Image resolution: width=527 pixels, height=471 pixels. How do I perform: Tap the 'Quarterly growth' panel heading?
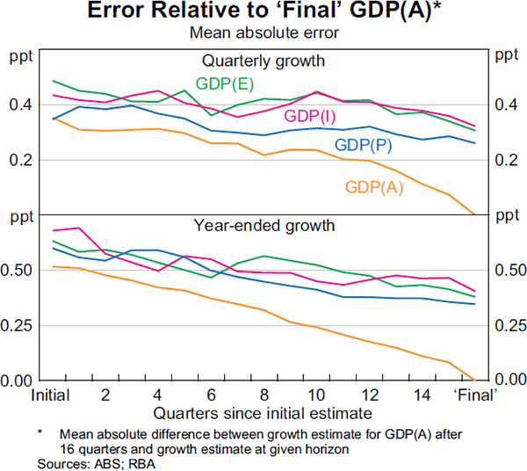click(263, 62)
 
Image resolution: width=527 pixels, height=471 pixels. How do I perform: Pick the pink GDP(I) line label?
click(309, 117)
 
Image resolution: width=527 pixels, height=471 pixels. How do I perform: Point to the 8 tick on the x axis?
click(264, 395)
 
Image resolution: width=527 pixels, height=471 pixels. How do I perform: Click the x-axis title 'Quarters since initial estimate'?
click(263, 411)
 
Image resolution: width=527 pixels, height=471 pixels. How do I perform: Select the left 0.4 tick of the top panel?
click(18, 105)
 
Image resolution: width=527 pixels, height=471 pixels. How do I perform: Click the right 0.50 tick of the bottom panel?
click(509, 271)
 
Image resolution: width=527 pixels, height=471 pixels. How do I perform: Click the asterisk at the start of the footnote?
click(40, 433)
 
